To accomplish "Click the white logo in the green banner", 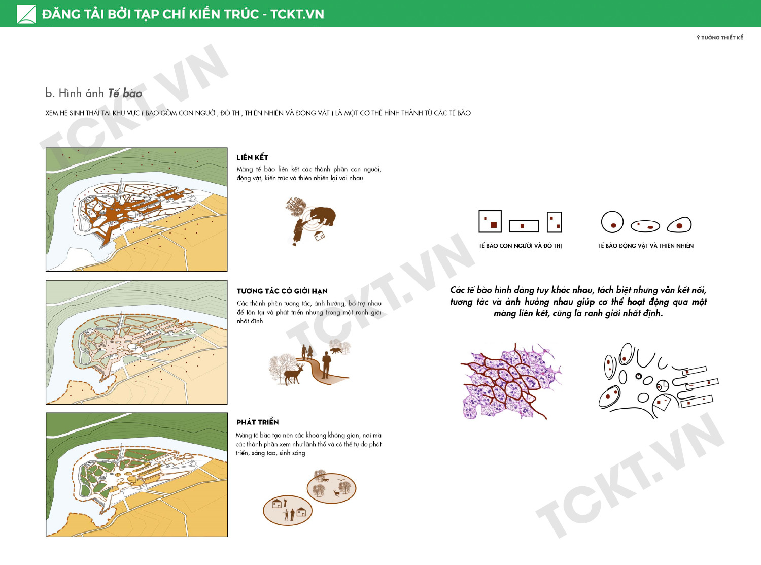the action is point(26,14).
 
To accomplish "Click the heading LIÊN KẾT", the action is point(252,157).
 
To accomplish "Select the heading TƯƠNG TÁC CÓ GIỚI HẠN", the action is point(282,291).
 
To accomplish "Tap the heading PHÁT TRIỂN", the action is point(257,422).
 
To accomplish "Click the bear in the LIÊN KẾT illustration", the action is point(323,216).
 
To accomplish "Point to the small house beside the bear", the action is point(320,236).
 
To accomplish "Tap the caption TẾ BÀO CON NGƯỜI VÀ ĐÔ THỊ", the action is point(520,246).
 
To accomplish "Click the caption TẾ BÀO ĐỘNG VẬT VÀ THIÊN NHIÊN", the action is point(646,246).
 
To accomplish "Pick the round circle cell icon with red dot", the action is point(612,222).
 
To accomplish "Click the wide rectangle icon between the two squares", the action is point(524,226).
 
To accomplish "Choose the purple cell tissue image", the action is point(511,381).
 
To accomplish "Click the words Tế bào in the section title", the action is point(125,93).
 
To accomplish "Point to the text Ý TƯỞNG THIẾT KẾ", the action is point(719,37).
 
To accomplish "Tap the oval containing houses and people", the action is point(288,510).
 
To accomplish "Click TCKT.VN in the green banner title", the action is point(297,14).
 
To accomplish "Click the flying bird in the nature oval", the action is point(341,478).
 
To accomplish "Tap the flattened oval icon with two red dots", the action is point(645,226).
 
